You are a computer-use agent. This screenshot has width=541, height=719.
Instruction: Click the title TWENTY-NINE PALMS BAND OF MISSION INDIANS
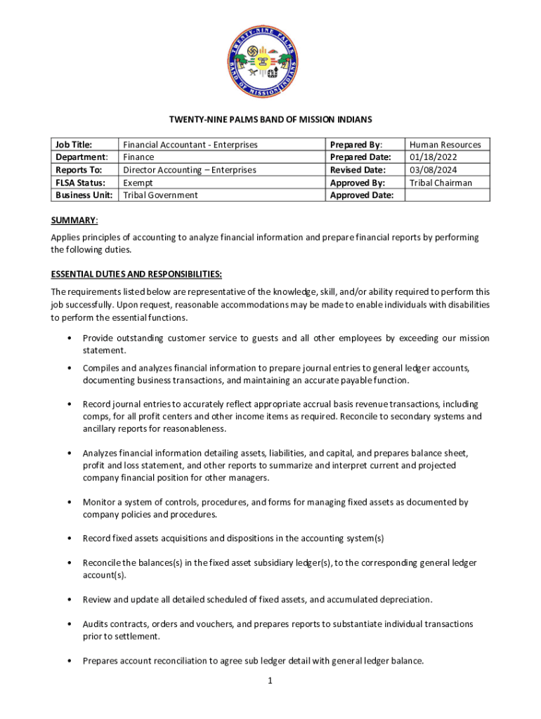(x=270, y=119)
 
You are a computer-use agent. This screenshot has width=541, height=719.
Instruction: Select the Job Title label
(x=74, y=145)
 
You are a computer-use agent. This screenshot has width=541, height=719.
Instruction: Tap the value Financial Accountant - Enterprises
(x=190, y=145)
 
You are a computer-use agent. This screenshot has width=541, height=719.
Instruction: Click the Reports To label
(x=79, y=170)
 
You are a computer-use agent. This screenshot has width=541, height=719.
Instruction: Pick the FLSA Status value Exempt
(x=138, y=183)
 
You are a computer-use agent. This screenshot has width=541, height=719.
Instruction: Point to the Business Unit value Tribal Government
(x=161, y=195)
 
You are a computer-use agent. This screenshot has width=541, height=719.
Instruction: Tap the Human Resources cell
(x=445, y=145)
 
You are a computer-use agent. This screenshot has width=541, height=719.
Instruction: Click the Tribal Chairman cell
(x=441, y=183)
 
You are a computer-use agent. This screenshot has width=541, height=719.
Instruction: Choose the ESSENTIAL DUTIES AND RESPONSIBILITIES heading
(x=136, y=273)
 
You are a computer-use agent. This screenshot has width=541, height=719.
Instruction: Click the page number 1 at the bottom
(x=270, y=680)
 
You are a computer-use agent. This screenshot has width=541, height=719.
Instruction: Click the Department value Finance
(x=138, y=157)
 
